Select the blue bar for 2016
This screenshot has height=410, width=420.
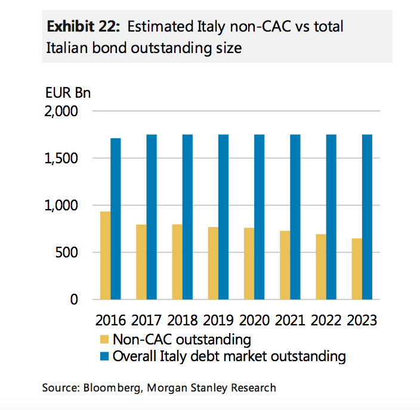pyautogui.click(x=116, y=219)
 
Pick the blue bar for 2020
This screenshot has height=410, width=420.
pyautogui.click(x=260, y=217)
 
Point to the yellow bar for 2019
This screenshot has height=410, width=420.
pyautogui.click(x=213, y=263)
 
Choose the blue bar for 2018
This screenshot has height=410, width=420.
pyautogui.click(x=187, y=217)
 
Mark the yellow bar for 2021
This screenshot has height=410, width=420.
pyautogui.click(x=285, y=265)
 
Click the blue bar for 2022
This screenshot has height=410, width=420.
pyautogui.click(x=331, y=217)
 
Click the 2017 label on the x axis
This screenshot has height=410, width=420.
pyautogui.click(x=146, y=320)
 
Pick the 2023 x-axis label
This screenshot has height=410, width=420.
pyautogui.click(x=362, y=320)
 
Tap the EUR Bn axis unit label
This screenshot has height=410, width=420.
pyautogui.click(x=67, y=94)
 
